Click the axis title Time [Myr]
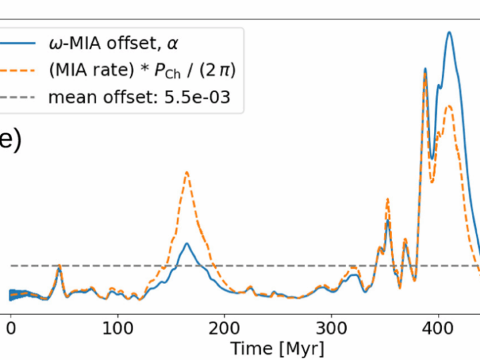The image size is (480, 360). pyautogui.click(x=277, y=347)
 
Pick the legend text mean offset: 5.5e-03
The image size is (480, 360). pyautogui.click(x=139, y=97)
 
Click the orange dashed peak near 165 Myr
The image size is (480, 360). pyautogui.click(x=187, y=172)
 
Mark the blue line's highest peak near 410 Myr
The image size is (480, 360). pyautogui.click(x=449, y=32)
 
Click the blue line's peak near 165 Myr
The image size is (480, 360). pyautogui.click(x=187, y=244)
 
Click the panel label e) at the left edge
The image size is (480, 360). pyautogui.click(x=10, y=141)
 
